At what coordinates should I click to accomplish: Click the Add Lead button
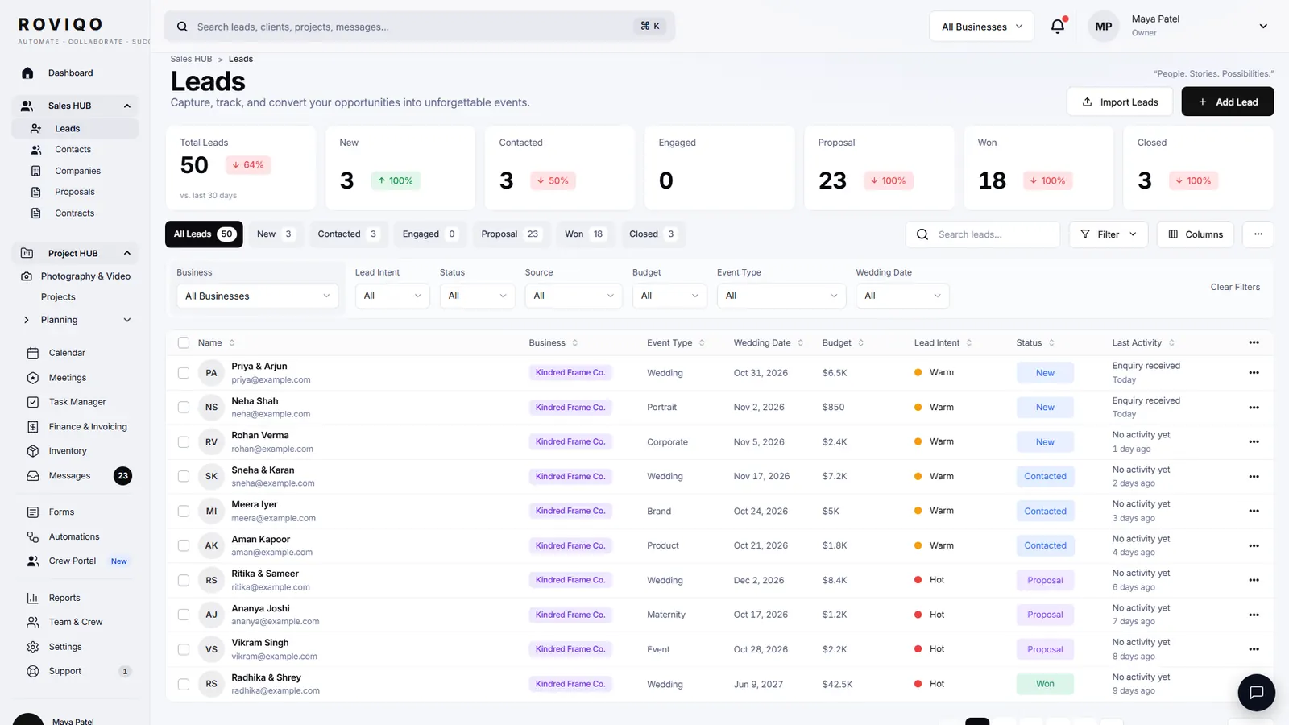tap(1228, 101)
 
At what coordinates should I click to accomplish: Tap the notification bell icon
tap(1058, 27)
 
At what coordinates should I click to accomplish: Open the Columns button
tap(1196, 234)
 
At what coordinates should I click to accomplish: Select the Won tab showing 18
tap(584, 234)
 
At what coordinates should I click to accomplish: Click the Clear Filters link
tap(1235, 287)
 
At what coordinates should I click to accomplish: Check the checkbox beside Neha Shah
tap(184, 408)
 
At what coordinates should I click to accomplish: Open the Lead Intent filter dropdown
tap(392, 296)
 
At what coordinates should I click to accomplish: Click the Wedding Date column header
tap(762, 343)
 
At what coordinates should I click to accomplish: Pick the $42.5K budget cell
tap(837, 684)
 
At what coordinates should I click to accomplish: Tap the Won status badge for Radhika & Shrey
tap(1045, 684)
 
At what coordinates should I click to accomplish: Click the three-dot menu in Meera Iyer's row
tap(1254, 511)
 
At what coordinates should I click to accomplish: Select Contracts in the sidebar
tap(74, 213)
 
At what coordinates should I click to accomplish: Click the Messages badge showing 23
tap(122, 476)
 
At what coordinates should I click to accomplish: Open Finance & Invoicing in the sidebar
tap(88, 426)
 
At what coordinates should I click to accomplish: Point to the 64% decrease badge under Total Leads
tap(248, 165)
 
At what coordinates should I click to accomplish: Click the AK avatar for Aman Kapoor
tap(211, 545)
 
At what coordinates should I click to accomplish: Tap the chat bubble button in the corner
tap(1256, 692)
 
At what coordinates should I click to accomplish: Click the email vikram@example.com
tap(274, 656)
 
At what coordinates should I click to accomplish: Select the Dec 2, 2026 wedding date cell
tap(758, 580)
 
